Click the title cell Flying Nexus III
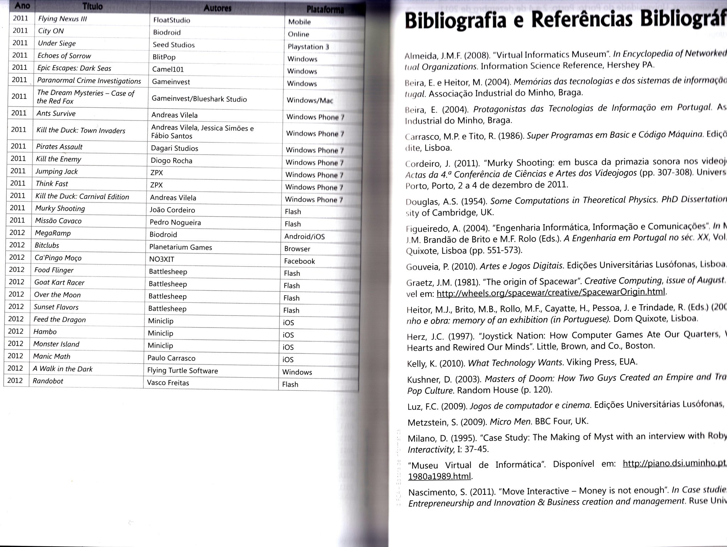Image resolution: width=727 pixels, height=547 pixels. pyautogui.click(x=62, y=19)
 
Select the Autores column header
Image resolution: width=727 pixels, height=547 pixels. pyautogui.click(x=218, y=8)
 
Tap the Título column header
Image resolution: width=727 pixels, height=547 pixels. pyautogui.click(x=92, y=6)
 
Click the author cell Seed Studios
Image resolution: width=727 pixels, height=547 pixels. pyautogui.click(x=174, y=45)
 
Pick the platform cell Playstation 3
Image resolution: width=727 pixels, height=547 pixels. pyautogui.click(x=308, y=47)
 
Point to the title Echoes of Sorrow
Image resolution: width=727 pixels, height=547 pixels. pyautogui.click(x=64, y=56)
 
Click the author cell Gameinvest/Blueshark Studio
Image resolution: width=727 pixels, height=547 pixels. pyautogui.click(x=199, y=99)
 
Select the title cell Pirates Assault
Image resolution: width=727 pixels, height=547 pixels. pyautogui.click(x=59, y=147)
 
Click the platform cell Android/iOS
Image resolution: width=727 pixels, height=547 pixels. pyautogui.click(x=304, y=236)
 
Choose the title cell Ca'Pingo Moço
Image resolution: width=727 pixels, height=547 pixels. pyautogui.click(x=58, y=258)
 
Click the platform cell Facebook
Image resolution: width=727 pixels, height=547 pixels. pyautogui.click(x=299, y=261)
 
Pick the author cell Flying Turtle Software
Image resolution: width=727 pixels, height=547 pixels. pyautogui.click(x=182, y=370)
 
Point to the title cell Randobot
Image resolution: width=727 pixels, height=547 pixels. pyautogui.click(x=48, y=381)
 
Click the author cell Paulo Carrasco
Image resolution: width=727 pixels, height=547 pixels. pyautogui.click(x=171, y=358)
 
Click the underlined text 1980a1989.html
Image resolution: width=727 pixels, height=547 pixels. pyautogui.click(x=439, y=476)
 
